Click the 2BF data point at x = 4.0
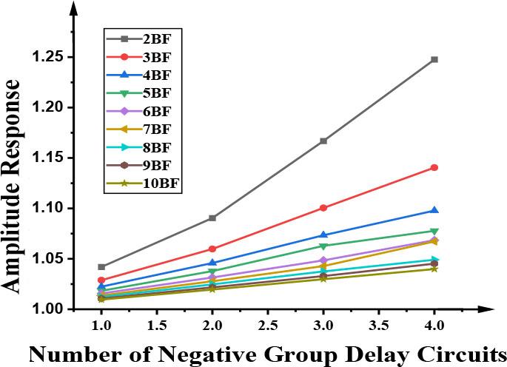(x=434, y=59)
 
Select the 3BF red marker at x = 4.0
(x=434, y=168)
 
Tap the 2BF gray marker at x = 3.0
(x=323, y=141)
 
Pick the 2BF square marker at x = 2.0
(x=212, y=218)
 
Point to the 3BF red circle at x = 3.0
(x=323, y=208)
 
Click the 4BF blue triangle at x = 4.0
(x=434, y=211)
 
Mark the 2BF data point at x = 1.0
(x=101, y=266)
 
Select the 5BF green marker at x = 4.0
(x=434, y=232)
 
